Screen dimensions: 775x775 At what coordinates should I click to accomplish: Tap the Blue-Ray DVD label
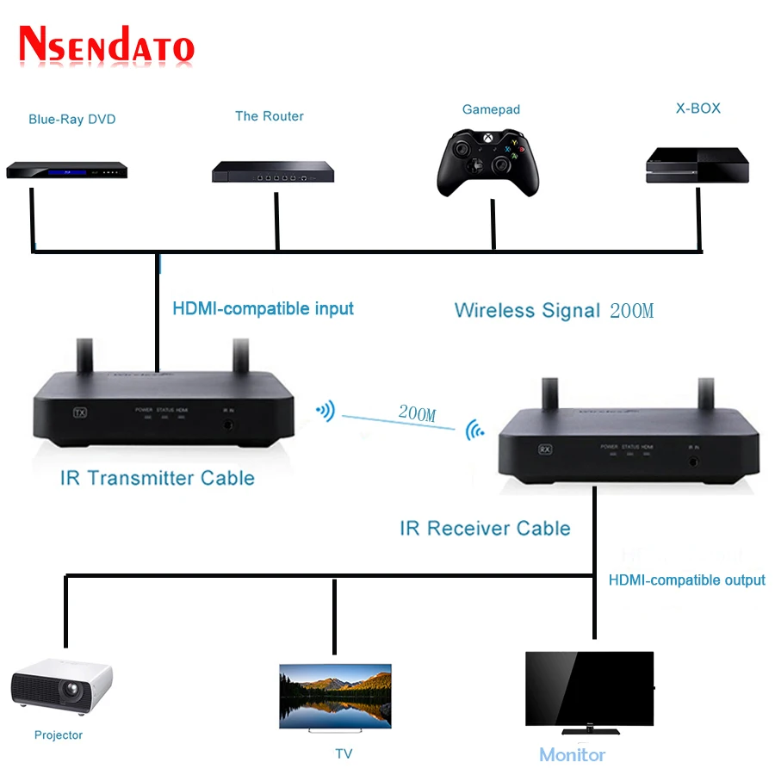(x=72, y=120)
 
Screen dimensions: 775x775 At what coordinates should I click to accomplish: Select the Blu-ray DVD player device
(x=67, y=170)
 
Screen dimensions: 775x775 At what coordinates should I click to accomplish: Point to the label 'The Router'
(x=270, y=116)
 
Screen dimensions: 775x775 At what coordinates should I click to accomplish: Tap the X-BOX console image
(x=697, y=165)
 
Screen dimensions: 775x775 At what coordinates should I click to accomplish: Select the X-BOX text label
(x=697, y=108)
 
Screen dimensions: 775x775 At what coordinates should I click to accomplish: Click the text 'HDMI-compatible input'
(x=263, y=308)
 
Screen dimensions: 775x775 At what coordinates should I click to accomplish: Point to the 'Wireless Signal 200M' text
(x=554, y=311)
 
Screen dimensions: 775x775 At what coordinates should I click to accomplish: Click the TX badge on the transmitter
(x=81, y=412)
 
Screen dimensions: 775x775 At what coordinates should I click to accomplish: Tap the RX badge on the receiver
(x=544, y=449)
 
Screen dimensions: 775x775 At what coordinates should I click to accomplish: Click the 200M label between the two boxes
(x=417, y=413)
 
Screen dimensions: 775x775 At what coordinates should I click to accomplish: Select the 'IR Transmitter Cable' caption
(x=158, y=478)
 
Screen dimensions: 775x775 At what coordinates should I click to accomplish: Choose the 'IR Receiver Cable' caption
(x=485, y=528)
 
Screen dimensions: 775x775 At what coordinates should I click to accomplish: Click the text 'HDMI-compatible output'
(x=687, y=580)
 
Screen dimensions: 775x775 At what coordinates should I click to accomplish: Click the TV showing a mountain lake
(x=335, y=696)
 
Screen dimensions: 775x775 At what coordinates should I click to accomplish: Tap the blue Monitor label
(x=572, y=755)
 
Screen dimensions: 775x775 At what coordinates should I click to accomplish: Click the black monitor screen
(x=590, y=689)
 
